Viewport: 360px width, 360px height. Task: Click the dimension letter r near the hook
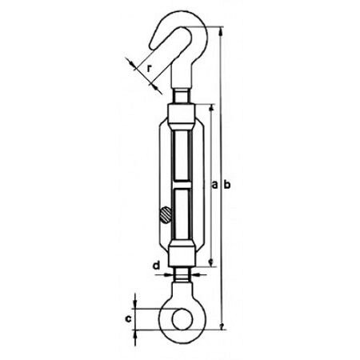(150, 68)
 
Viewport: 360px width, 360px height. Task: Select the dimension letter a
(214, 185)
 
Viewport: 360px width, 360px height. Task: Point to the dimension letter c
(128, 318)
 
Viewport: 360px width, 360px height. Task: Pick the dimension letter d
(157, 266)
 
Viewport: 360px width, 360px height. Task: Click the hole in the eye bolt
(182, 319)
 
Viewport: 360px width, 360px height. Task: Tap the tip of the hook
(153, 46)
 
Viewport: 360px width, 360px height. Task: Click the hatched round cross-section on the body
(166, 214)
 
